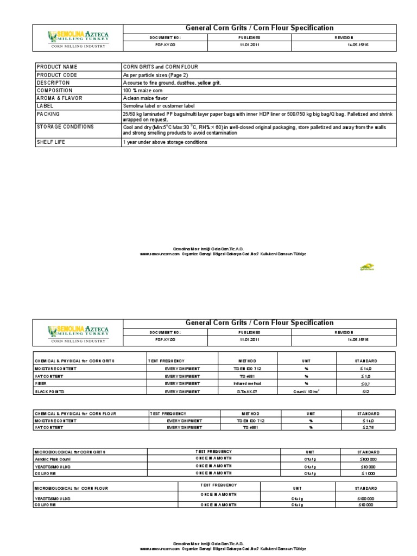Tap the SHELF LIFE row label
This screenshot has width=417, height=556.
pos(52,142)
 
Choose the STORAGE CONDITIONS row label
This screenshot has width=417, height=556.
pos(65,127)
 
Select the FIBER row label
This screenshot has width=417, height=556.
pos(42,383)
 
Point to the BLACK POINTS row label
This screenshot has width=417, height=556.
pos(49,391)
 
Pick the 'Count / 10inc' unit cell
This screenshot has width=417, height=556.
pos(307,391)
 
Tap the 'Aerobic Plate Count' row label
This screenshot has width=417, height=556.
pos(53,459)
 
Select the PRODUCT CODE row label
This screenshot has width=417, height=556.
pos(56,74)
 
